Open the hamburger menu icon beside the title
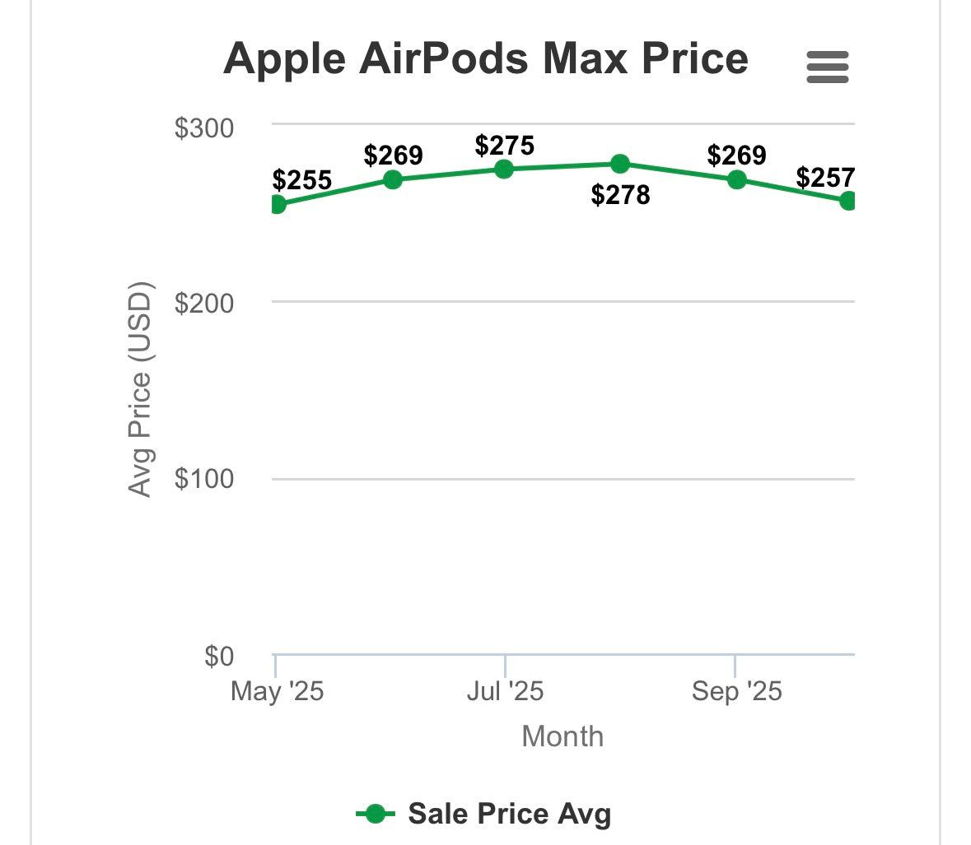click(827, 67)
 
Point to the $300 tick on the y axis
click(204, 128)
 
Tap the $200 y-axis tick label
click(204, 303)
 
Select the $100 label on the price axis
click(204, 479)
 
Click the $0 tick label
click(219, 657)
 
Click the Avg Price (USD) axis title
click(140, 389)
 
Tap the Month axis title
click(563, 736)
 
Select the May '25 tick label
click(277, 691)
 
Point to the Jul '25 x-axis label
click(505, 691)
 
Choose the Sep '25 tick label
click(736, 691)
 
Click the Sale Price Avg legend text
click(509, 814)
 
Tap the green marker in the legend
click(376, 814)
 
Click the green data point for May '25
click(277, 204)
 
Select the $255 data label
click(301, 180)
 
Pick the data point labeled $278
click(620, 164)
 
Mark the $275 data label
click(505, 146)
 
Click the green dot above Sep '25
click(736, 179)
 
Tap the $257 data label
click(825, 177)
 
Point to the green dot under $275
click(504, 169)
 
